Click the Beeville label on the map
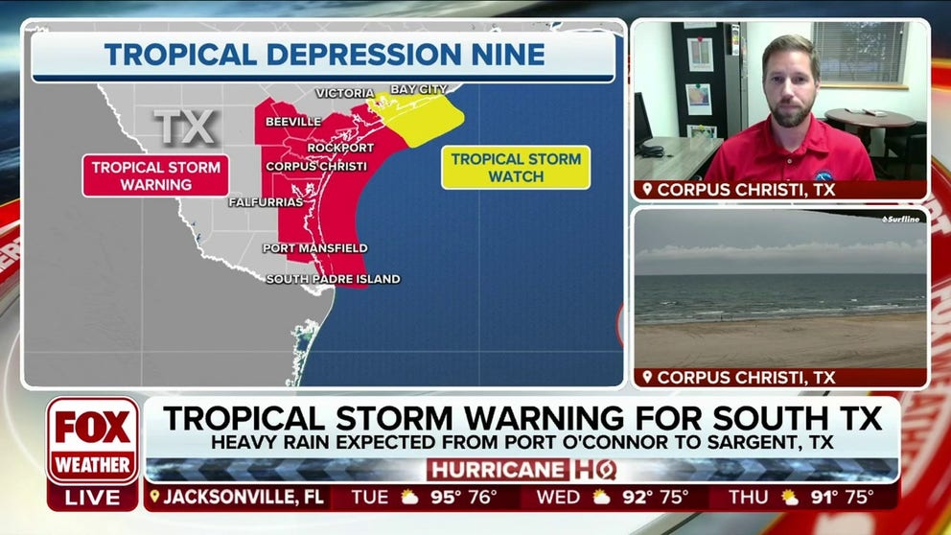point(293,123)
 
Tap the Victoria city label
point(344,93)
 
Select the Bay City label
point(419,89)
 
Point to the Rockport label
point(340,148)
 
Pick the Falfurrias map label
point(266,202)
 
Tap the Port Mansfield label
point(315,248)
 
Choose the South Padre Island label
point(333,279)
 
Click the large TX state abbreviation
point(186,126)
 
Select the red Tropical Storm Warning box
point(155,175)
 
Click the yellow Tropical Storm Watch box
point(516,168)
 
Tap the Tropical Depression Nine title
point(324,55)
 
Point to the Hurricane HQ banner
point(522,470)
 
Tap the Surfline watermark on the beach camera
point(900,220)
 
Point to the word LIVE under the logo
point(93,498)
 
